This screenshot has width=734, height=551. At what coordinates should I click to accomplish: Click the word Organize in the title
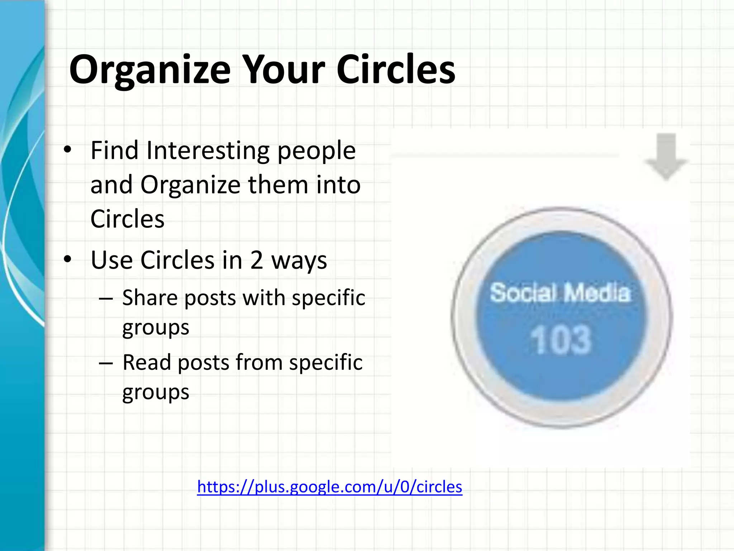150,70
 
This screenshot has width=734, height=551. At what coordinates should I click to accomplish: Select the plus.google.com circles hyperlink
329,487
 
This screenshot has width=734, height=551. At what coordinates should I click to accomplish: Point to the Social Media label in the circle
559,293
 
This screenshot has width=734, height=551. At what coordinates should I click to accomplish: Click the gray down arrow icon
666,156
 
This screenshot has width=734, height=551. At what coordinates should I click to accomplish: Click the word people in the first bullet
316,151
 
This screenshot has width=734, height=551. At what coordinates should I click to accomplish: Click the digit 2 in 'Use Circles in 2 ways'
257,260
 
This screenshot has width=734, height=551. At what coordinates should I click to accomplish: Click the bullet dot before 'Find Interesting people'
67,150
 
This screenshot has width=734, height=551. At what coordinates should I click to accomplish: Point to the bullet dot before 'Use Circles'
67,259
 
